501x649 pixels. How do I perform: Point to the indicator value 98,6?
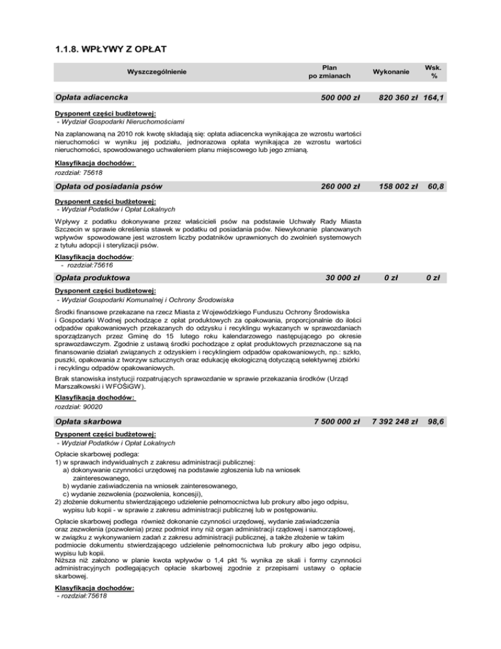click(x=436, y=423)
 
